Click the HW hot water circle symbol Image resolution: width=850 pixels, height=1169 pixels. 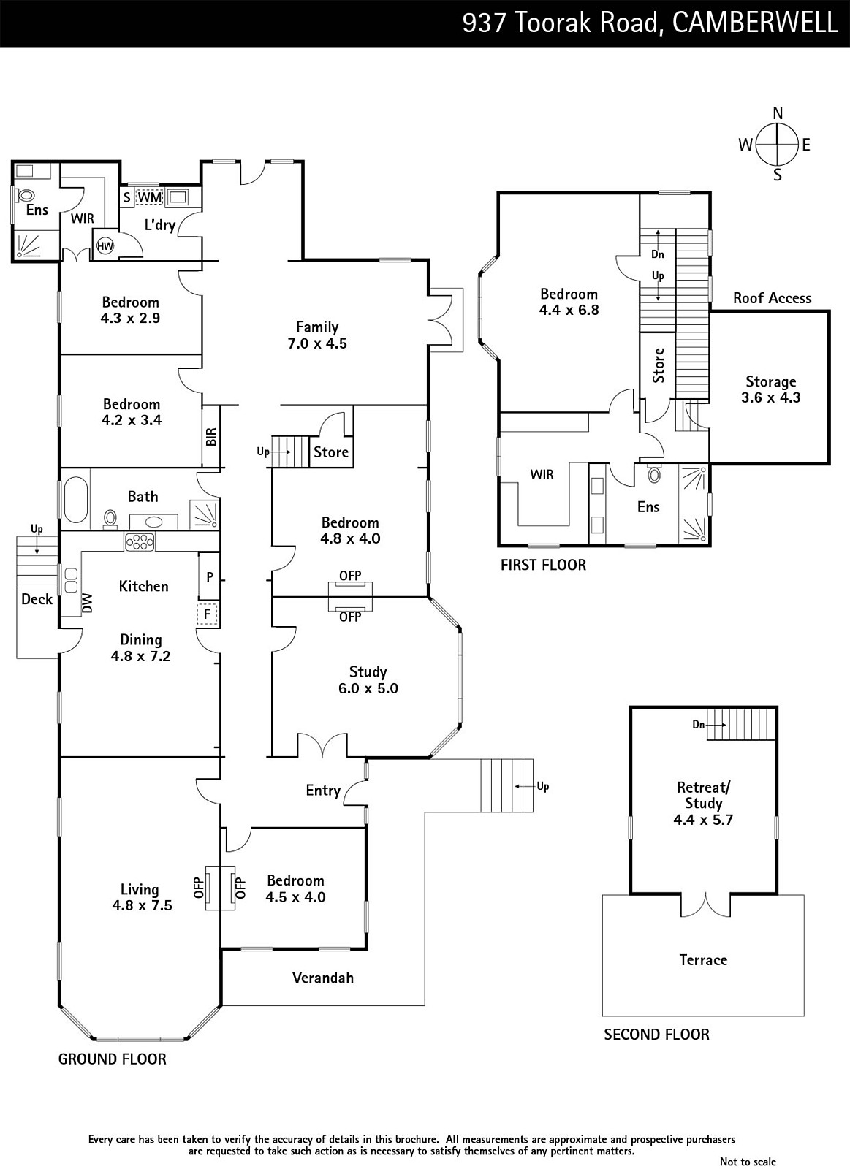pos(105,245)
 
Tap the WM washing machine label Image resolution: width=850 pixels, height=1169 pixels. pos(150,198)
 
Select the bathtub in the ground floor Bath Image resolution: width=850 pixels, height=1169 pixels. pos(76,498)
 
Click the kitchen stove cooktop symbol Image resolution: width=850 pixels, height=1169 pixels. pos(140,542)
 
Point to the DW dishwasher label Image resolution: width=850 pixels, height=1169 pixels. pos(87,603)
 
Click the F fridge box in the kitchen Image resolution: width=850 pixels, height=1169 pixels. pos(208,614)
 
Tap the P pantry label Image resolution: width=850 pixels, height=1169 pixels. pos(210,576)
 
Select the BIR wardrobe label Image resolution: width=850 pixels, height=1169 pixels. pos(211,436)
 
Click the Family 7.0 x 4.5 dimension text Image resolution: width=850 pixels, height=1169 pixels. pos(317,343)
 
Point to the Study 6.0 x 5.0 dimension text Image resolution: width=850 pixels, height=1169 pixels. pos(368,688)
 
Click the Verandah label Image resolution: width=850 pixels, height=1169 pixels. pos(322,978)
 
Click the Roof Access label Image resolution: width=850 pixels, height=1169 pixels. pos(773,298)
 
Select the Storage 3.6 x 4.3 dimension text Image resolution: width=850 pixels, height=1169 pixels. pos(770,397)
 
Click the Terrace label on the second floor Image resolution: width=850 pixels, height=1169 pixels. pos(703,960)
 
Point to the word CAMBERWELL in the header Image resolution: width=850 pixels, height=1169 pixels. pos(755,23)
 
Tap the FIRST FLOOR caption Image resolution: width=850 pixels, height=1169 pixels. pos(544,565)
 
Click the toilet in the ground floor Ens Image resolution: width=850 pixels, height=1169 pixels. pos(25,196)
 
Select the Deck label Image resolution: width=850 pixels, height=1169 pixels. pos(37,599)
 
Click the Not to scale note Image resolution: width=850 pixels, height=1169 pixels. pos(748,1161)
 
